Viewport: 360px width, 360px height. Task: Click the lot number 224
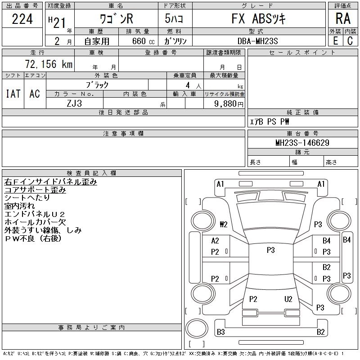click(x=22, y=19)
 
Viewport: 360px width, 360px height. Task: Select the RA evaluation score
click(x=342, y=19)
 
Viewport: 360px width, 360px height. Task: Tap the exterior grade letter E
click(x=335, y=40)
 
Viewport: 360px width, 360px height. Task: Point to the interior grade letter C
click(x=350, y=40)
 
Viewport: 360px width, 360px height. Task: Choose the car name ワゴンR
click(x=117, y=19)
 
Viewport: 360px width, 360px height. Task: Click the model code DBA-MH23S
click(x=258, y=41)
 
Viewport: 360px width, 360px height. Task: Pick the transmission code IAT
click(x=13, y=94)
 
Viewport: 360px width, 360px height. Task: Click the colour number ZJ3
click(x=74, y=103)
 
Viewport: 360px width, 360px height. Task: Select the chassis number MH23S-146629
click(x=302, y=143)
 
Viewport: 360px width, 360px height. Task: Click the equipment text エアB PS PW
click(x=270, y=121)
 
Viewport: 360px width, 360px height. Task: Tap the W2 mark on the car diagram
click(x=224, y=224)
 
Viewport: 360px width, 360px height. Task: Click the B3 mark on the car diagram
click(x=220, y=332)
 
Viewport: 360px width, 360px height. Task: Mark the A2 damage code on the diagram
click(x=215, y=241)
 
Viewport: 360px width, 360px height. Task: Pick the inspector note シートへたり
click(x=27, y=198)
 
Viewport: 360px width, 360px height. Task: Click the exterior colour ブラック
click(x=97, y=85)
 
